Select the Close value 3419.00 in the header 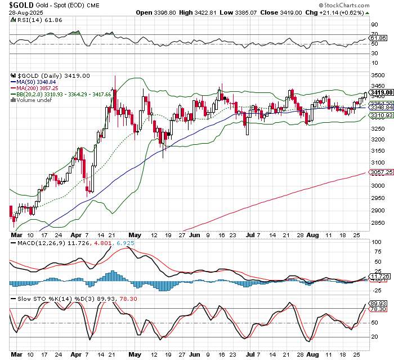pos(307,13)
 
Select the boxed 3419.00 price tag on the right pos(381,92)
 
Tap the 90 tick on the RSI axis pos(374,25)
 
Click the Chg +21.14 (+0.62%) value pos(349,13)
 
